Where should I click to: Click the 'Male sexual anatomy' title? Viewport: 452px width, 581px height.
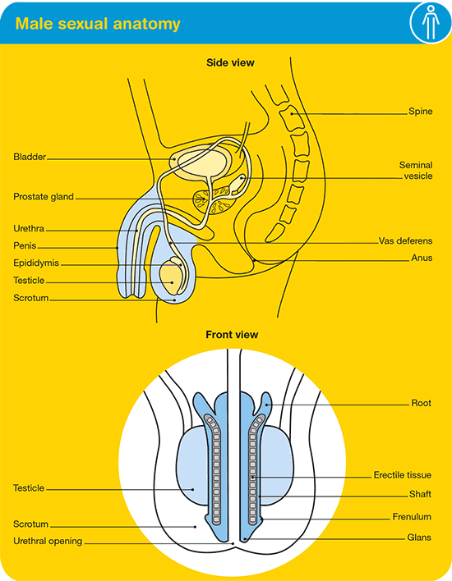tap(98, 24)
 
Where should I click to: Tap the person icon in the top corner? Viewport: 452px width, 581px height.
tap(431, 22)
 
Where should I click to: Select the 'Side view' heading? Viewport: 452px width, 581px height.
tap(230, 62)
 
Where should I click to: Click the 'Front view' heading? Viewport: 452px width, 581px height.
tap(232, 335)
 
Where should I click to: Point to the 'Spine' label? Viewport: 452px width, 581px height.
tap(421, 111)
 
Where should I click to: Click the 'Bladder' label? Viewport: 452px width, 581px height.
tap(30, 157)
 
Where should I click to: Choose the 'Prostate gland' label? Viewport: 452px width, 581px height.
tap(44, 197)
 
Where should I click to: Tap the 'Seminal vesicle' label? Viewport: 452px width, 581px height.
tap(416, 171)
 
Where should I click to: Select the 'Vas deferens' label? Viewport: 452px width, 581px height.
tap(406, 240)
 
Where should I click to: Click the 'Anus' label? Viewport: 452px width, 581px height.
tap(422, 258)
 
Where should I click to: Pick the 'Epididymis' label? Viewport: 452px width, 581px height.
tap(36, 263)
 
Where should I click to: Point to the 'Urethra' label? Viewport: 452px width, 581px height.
tap(29, 228)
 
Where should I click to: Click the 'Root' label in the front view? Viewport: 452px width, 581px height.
tap(422, 403)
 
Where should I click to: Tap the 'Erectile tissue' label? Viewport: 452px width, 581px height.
tap(402, 475)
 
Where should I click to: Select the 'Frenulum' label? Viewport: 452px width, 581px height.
tap(412, 516)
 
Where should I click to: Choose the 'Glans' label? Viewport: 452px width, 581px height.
tap(419, 538)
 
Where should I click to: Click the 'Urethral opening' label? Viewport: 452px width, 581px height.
tap(48, 541)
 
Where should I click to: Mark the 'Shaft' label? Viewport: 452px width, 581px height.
tap(420, 494)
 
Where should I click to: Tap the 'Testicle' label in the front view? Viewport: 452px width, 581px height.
tap(29, 488)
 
